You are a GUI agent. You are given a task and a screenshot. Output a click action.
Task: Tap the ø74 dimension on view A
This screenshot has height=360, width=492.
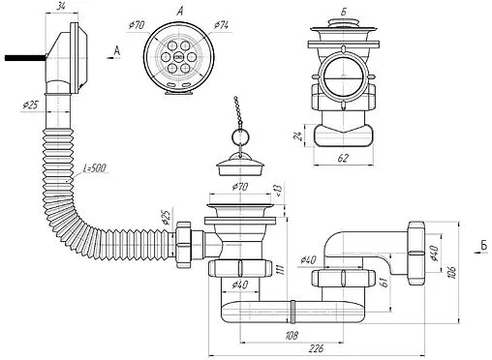[x=221, y=25]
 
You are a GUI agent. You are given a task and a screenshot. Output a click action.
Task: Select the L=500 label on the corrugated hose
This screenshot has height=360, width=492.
[x=94, y=168]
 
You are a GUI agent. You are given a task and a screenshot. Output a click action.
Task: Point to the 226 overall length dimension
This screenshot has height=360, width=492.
[x=316, y=348]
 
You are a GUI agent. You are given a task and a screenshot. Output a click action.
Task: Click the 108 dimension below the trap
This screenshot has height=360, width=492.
[x=292, y=335]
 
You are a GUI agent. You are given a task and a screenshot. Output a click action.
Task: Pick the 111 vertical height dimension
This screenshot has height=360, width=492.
[x=281, y=270]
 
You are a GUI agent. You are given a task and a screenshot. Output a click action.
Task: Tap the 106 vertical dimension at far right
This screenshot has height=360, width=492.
[x=452, y=273]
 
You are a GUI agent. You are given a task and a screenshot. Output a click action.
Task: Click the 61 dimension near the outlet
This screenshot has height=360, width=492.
[x=384, y=283]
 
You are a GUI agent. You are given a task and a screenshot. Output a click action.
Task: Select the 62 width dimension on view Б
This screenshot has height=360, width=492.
[x=343, y=158]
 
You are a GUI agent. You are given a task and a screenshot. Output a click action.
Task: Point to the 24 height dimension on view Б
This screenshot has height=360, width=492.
[x=300, y=135]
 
